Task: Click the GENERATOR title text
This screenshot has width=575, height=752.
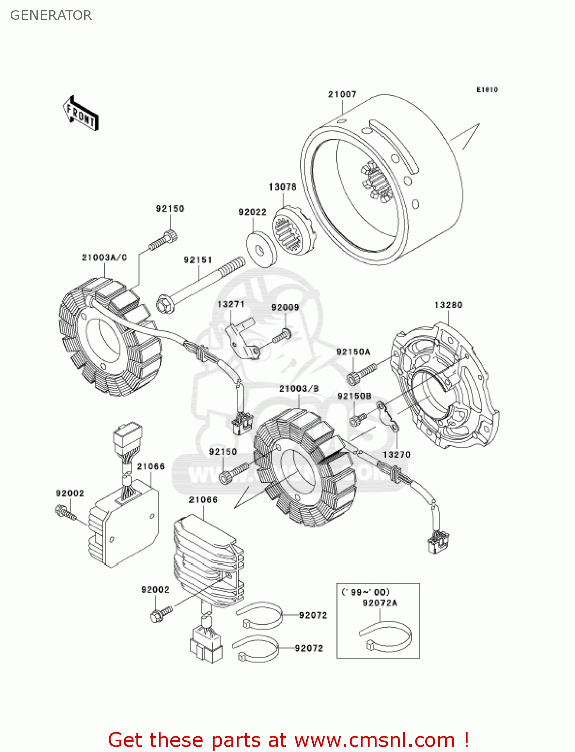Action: (x=51, y=15)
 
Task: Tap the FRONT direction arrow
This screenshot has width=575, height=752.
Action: (x=81, y=114)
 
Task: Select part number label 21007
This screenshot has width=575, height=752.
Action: (x=342, y=94)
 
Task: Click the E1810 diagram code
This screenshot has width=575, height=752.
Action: (x=487, y=90)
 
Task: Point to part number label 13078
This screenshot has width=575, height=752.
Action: (x=282, y=186)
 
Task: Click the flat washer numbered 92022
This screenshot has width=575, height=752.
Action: (x=261, y=249)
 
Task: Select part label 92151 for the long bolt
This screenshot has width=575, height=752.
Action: (x=198, y=260)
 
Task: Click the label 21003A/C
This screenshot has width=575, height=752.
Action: (x=104, y=257)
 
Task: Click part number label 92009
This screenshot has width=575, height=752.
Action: (x=285, y=307)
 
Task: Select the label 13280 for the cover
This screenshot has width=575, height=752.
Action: (x=448, y=305)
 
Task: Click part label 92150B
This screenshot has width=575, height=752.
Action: (x=354, y=396)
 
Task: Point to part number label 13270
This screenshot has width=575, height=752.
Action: (x=396, y=455)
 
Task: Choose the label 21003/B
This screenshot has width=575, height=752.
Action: (x=299, y=388)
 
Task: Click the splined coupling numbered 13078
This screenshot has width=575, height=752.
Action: (x=294, y=230)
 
